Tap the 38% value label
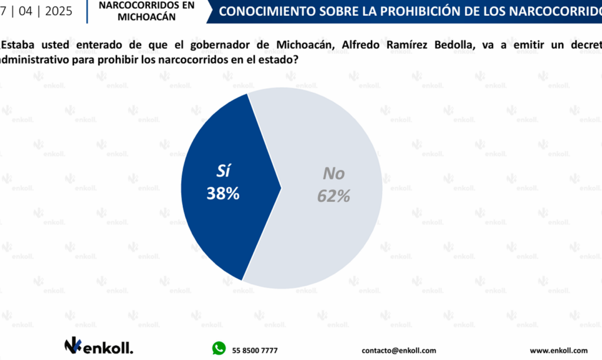(x=223, y=194)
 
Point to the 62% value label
(x=333, y=196)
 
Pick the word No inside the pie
(x=334, y=174)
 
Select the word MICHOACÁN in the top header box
(x=146, y=17)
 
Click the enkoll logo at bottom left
(x=98, y=346)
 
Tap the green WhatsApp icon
(x=219, y=349)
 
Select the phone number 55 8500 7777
(x=255, y=350)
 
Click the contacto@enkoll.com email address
(x=399, y=350)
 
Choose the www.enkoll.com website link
(x=558, y=350)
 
